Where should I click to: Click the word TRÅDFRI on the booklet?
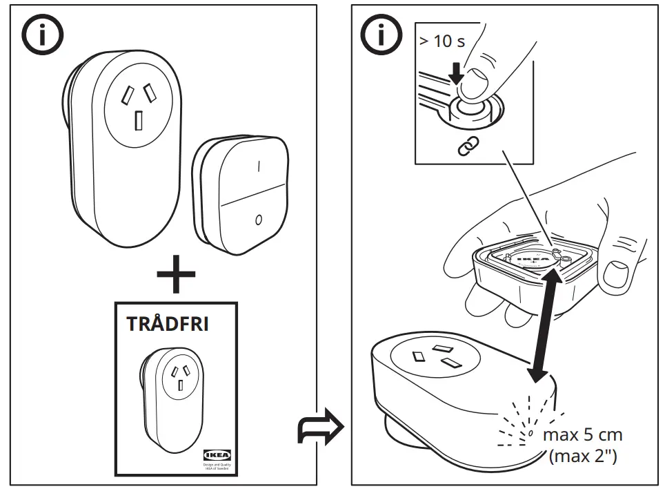pos(168,325)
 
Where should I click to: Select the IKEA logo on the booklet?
pos(218,454)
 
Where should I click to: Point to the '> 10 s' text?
pos(442,41)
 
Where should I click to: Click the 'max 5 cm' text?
pos(582,435)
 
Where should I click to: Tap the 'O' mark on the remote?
pos(258,220)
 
